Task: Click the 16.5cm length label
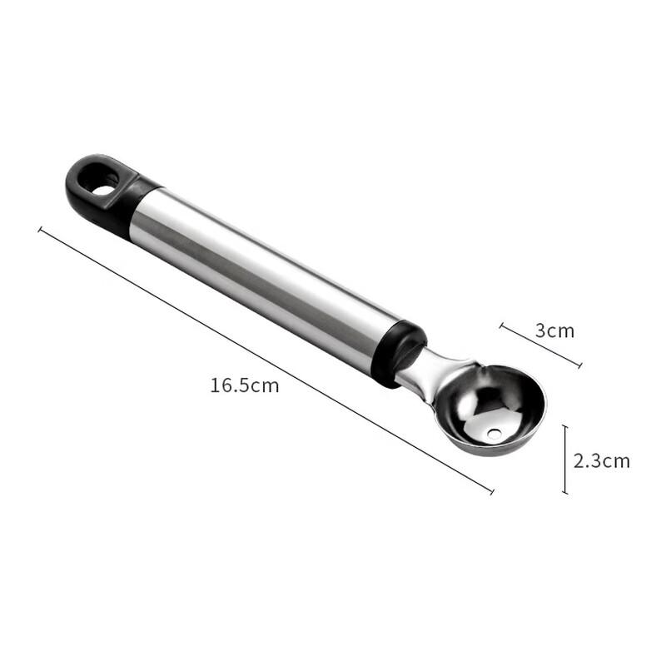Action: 244,385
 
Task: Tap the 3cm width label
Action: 554,331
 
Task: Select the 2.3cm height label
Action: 601,460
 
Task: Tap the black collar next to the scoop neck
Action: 398,354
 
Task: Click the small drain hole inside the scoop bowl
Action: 495,434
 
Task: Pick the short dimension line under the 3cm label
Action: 540,345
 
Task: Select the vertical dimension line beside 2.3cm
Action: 565,460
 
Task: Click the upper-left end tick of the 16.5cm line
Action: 40,229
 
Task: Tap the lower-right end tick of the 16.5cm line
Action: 491,492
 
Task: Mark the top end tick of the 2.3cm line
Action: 565,426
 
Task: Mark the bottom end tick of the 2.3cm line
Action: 565,493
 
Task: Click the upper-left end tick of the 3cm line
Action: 501,326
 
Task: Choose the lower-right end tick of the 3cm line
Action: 579,365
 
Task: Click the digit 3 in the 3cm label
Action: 539,331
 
